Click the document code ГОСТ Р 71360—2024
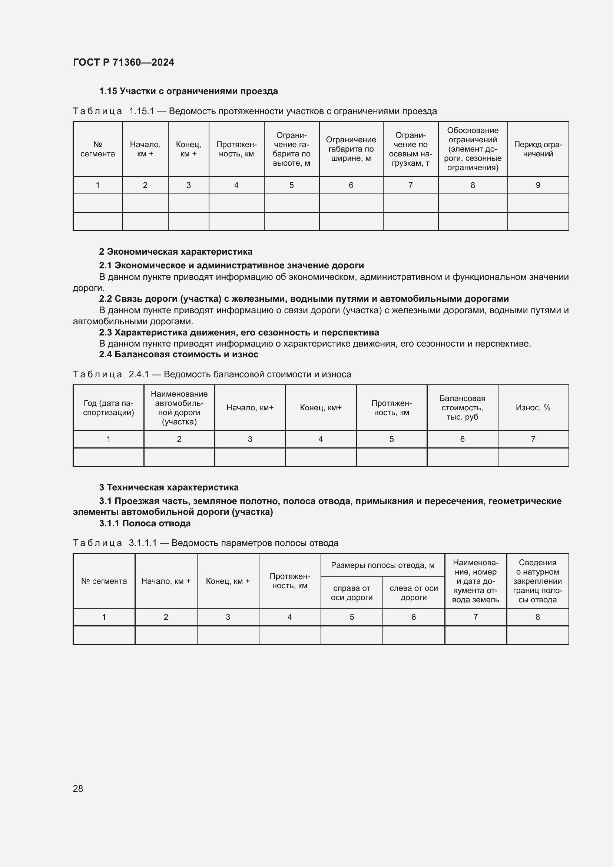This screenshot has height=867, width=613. pos(123,62)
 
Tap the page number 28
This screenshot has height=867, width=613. pos(78,788)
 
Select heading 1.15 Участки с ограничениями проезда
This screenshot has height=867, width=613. pos(188,91)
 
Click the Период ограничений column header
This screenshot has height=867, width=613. pos(538,149)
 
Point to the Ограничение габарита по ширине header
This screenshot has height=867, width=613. pos(351,149)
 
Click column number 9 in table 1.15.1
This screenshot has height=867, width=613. pos(538,185)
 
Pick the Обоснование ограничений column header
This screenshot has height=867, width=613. pos(473,149)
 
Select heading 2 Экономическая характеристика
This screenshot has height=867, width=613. pos(176,251)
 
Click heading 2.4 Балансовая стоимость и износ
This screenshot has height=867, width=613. pos(179,354)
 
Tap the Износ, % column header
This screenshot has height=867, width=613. pos(533,407)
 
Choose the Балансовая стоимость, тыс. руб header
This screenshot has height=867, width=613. pos(462,407)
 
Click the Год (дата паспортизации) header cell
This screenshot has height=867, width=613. pos(108,407)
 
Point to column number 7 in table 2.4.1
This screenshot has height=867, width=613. pos(533,439)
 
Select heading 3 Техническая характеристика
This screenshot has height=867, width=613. pos(169,487)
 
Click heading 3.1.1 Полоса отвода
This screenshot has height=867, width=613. pos(145,523)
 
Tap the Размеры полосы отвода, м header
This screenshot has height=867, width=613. pos(382,565)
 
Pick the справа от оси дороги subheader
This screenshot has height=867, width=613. pos(351,592)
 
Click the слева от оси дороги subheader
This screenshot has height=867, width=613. pos(413,592)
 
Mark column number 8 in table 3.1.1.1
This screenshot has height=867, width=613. pos(537,617)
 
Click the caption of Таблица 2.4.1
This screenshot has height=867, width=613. pos(212,374)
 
